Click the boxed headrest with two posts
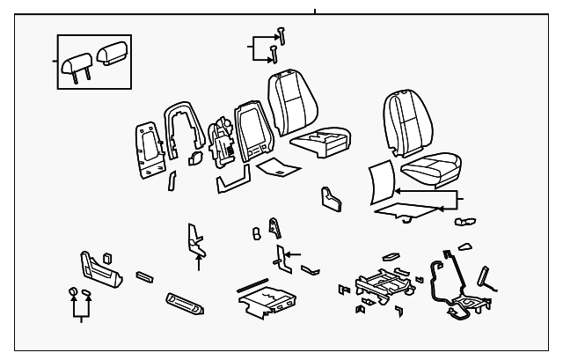point(76,62)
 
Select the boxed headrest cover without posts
point(113,54)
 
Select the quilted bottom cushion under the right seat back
point(429,168)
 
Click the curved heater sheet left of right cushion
point(380,182)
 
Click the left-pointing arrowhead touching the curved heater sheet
point(398,190)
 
